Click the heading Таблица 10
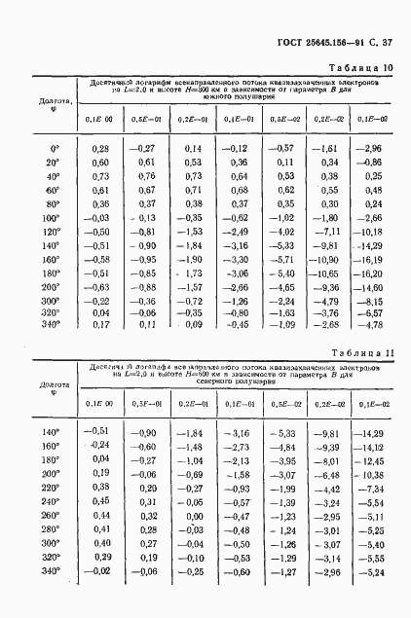tap(359, 67)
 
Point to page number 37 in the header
tap(386, 42)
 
